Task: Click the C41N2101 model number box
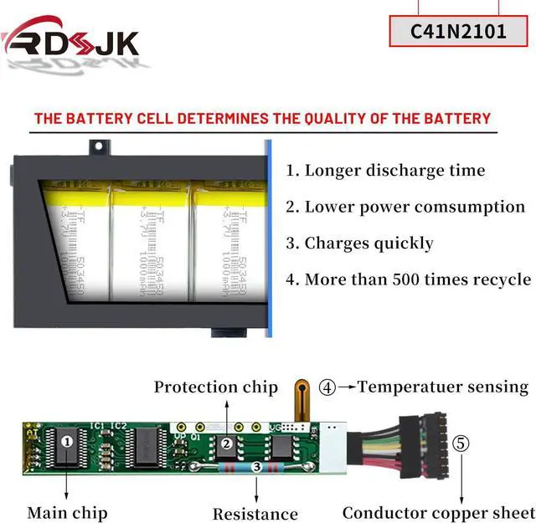[x=458, y=32]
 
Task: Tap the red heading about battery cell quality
[x=262, y=118]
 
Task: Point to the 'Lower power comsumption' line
[x=405, y=207]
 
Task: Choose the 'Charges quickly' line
[x=359, y=244]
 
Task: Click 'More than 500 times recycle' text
[x=408, y=279]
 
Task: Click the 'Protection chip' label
[x=215, y=387]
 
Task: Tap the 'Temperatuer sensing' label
[x=443, y=387]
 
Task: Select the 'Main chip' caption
[x=67, y=512]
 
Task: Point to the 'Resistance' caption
[x=255, y=514]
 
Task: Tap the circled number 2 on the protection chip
[x=225, y=444]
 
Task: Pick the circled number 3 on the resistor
[x=254, y=469]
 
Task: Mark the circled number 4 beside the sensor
[x=327, y=387]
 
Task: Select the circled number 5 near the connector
[x=461, y=443]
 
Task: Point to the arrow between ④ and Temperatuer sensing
[x=346, y=387]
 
